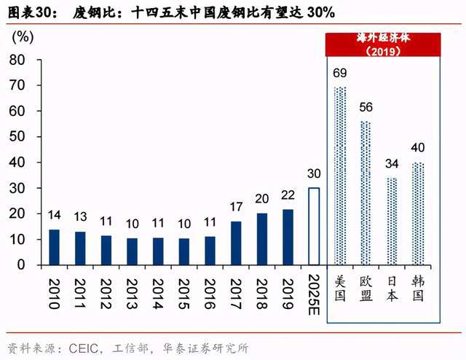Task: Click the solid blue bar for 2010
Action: pyautogui.click(x=54, y=247)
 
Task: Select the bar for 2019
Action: pyautogui.click(x=288, y=237)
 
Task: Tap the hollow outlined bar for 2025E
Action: pyautogui.click(x=314, y=227)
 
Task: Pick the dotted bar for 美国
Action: pyautogui.click(x=340, y=176)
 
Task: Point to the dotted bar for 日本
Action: pyautogui.click(x=392, y=221)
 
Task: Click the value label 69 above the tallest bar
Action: pyautogui.click(x=340, y=73)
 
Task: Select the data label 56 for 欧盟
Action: pyautogui.click(x=366, y=107)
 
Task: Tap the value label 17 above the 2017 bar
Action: pyautogui.click(x=236, y=207)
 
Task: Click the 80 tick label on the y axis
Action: pyautogui.click(x=17, y=60)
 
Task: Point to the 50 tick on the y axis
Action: pyautogui.click(x=17, y=136)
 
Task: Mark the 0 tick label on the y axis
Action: pyautogui.click(x=21, y=265)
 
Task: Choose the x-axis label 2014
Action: pyautogui.click(x=158, y=294)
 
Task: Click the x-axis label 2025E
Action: pyautogui.click(x=314, y=294)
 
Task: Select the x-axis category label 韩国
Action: pyautogui.click(x=418, y=288)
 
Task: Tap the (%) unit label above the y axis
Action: pyautogui.click(x=23, y=37)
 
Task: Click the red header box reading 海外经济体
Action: pyautogui.click(x=384, y=44)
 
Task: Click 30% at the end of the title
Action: pyautogui.click(x=321, y=13)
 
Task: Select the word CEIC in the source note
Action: pyautogui.click(x=84, y=348)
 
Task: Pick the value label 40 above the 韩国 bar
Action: pyautogui.click(x=418, y=147)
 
